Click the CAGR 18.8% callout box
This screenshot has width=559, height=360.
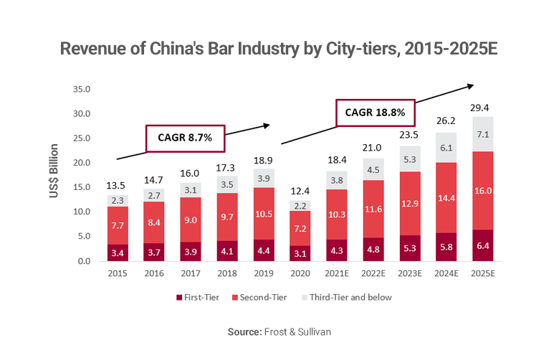click(x=375, y=112)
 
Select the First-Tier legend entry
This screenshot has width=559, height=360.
click(x=199, y=297)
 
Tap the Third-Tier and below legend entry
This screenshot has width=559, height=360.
click(x=346, y=297)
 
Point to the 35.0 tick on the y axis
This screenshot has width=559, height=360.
click(x=80, y=90)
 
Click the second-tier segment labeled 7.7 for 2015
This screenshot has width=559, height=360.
click(x=118, y=225)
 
